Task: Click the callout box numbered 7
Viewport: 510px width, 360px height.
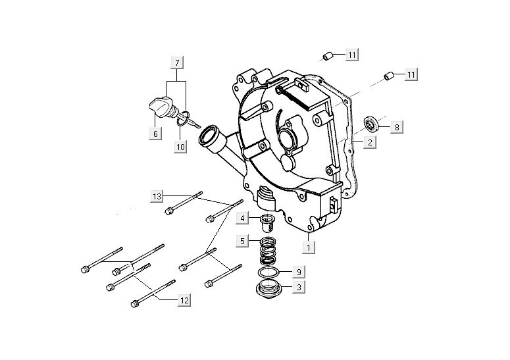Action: pyautogui.click(x=176, y=63)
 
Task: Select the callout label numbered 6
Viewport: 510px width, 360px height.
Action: pyautogui.click(x=155, y=134)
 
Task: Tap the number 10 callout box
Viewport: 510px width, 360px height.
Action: pyautogui.click(x=180, y=147)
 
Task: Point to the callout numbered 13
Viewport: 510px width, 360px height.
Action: pyautogui.click(x=157, y=196)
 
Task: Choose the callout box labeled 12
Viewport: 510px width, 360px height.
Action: pyautogui.click(x=185, y=300)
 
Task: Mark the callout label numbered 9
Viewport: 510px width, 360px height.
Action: pyautogui.click(x=297, y=270)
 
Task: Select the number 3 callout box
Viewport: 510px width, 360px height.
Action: pyautogui.click(x=297, y=287)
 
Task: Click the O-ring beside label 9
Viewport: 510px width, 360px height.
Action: pyautogui.click(x=267, y=272)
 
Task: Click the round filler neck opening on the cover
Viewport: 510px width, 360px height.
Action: pyautogui.click(x=209, y=139)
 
